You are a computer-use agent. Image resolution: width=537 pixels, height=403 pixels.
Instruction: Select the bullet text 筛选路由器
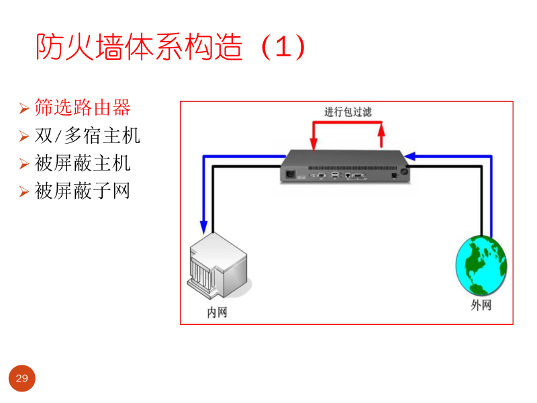[x=83, y=107]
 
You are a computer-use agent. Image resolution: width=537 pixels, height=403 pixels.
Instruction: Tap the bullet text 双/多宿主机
[x=87, y=135]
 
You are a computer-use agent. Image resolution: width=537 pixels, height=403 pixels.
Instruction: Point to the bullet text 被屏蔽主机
[x=83, y=163]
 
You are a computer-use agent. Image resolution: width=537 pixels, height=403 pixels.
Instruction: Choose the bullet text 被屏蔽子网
[x=83, y=191]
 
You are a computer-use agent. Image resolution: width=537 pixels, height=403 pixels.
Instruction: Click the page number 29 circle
[x=21, y=379]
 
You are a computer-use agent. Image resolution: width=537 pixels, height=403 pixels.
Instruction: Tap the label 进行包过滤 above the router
[x=348, y=111]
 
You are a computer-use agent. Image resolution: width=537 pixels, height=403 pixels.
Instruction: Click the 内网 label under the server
[x=217, y=312]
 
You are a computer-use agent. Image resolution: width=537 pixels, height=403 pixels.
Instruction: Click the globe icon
[x=481, y=265]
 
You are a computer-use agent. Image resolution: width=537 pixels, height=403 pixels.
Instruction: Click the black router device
[x=346, y=167]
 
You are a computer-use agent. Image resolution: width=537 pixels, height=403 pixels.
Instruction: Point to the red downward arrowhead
[x=313, y=145]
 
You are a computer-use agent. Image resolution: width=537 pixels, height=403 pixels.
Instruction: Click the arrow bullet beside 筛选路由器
[x=23, y=108]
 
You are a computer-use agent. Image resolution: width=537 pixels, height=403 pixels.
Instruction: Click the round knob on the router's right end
[x=405, y=173]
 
